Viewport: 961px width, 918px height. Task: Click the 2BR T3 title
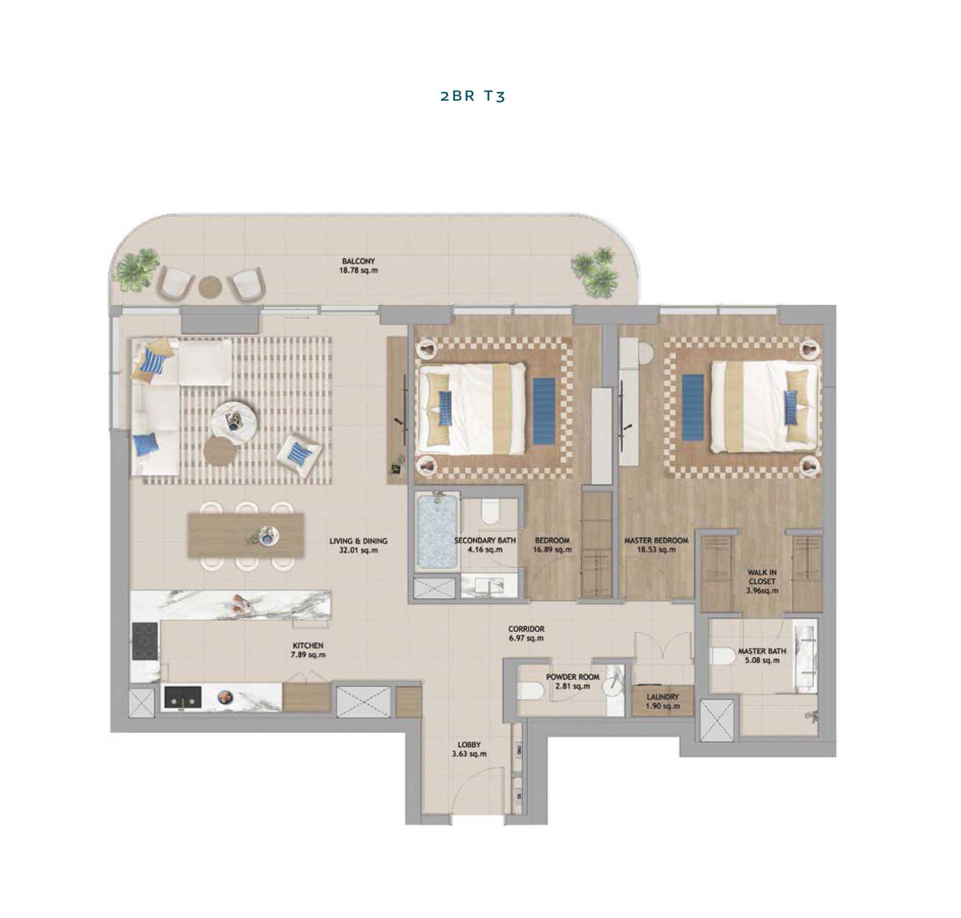tap(473, 96)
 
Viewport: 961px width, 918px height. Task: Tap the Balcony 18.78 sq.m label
tap(358, 266)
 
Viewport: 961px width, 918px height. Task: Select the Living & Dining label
tap(358, 541)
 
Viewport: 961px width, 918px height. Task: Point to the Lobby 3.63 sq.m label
tap(470, 749)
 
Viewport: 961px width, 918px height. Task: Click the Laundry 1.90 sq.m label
tap(662, 701)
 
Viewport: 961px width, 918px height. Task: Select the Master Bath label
tap(762, 651)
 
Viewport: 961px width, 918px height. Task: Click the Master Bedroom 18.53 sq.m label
tap(656, 545)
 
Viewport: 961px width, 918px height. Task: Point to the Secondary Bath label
tap(485, 541)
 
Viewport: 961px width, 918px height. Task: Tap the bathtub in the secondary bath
tap(437, 531)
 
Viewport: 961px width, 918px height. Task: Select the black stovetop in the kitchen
tap(145, 641)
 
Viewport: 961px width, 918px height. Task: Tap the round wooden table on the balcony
tap(210, 286)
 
